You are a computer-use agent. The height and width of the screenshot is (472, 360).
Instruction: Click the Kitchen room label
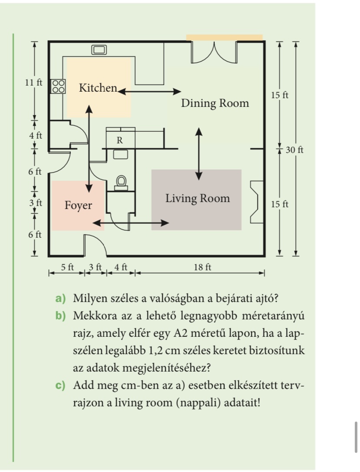[x=98, y=88]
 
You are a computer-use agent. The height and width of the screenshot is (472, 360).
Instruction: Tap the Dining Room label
[x=215, y=103]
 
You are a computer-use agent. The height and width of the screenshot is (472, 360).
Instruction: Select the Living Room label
[x=197, y=199]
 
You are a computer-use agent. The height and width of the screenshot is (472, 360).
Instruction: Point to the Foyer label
[x=78, y=205]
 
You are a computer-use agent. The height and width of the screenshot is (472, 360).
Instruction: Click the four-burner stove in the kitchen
[x=58, y=86]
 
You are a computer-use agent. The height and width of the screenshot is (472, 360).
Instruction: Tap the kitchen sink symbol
[x=99, y=50]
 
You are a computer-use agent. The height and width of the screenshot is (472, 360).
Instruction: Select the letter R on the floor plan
[x=120, y=141]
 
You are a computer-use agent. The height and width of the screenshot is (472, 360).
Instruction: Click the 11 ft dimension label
[x=33, y=83]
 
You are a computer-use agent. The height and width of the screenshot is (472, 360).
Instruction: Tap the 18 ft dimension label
[x=202, y=267]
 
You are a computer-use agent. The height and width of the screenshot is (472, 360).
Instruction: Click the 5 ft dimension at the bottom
[x=67, y=267]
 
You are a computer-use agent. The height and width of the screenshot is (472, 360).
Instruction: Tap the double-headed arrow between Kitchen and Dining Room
[x=150, y=91]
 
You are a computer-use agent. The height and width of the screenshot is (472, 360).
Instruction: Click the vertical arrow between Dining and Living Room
[x=199, y=153]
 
